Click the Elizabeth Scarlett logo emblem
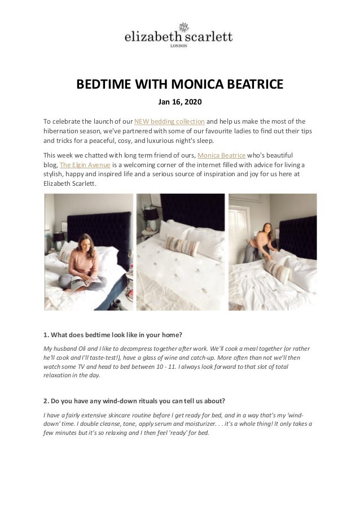(x=183, y=27)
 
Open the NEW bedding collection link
(x=169, y=121)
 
